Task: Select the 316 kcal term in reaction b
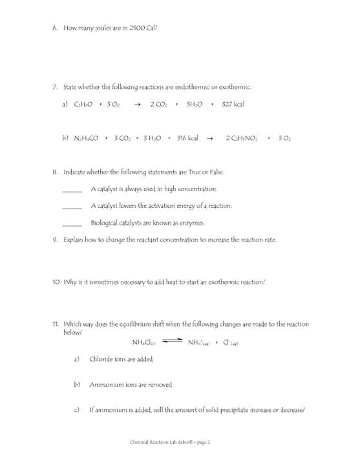tap(185, 138)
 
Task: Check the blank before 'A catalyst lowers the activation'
tap(72, 207)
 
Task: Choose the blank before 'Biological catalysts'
tap(72, 223)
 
